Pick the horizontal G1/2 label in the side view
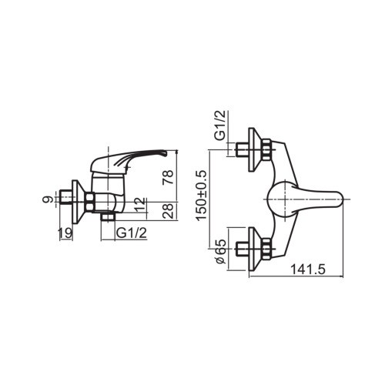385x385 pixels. (x=132, y=233)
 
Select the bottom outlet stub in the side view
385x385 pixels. (x=107, y=218)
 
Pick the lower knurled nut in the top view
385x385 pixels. (x=265, y=249)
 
